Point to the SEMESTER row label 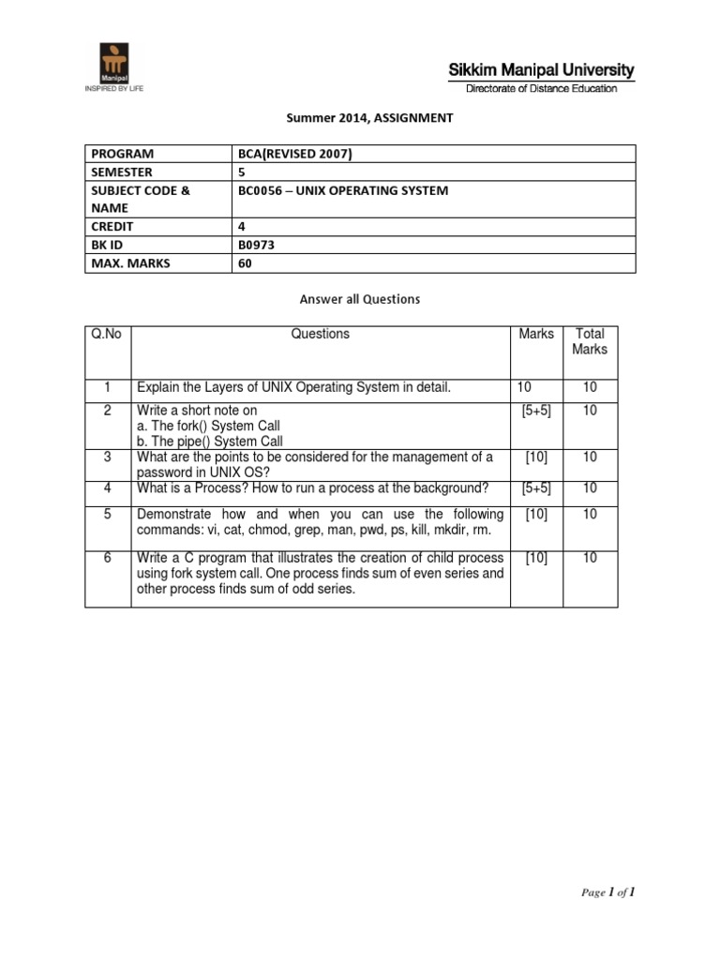coord(121,172)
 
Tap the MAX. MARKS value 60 coord(247,263)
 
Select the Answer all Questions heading coord(360,299)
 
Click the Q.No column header coord(106,334)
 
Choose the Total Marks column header coord(591,341)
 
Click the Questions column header coord(321,334)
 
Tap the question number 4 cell coord(108,487)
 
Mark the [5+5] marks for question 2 coord(536,411)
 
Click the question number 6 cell coord(108,558)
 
